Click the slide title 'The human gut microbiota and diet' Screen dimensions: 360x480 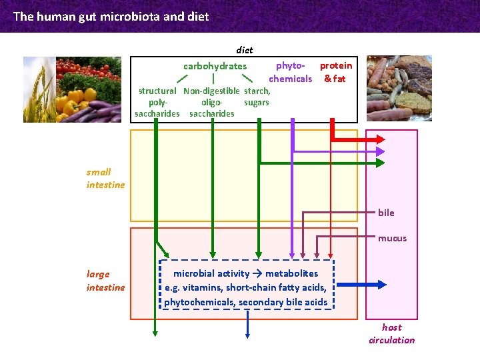111,16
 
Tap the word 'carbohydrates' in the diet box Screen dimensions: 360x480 215,66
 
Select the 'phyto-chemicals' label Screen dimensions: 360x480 291,72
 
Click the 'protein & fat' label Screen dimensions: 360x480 335,72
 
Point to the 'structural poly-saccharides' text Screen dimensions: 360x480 157,102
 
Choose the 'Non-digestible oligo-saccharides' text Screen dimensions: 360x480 212,102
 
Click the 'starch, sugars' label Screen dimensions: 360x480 257,97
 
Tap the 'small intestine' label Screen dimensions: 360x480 105,178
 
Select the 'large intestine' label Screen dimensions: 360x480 105,281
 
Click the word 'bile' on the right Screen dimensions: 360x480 386,213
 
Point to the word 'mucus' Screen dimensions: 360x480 392,238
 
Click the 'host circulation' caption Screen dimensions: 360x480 391,333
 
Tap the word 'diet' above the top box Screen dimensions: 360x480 244,49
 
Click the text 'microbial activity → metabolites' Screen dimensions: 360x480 245,273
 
